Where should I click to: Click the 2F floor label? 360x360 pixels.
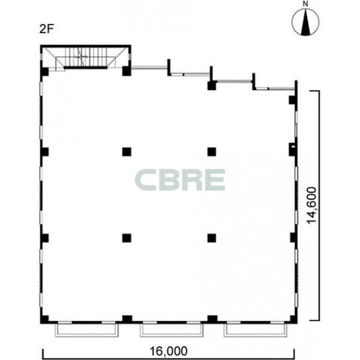pyautogui.click(x=46, y=29)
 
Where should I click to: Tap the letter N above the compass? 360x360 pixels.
pyautogui.click(x=305, y=4)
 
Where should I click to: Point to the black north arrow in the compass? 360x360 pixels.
pyautogui.click(x=305, y=23)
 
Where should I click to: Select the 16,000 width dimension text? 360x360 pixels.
pyautogui.click(x=169, y=351)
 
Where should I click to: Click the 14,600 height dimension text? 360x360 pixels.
pyautogui.click(x=312, y=205)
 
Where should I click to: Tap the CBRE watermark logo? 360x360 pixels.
pyautogui.click(x=180, y=180)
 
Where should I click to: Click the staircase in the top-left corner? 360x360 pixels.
pyautogui.click(x=85, y=58)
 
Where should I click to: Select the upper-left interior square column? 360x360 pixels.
pyautogui.click(x=127, y=152)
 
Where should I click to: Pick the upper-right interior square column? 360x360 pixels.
pyautogui.click(x=212, y=152)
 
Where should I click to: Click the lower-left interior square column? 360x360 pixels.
pyautogui.click(x=127, y=238)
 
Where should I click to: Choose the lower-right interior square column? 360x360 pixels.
pyautogui.click(x=212, y=238)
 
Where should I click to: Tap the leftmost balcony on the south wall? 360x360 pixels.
pyautogui.click(x=87, y=330)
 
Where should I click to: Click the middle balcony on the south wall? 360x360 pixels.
pyautogui.click(x=172, y=330)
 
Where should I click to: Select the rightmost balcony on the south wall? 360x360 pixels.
pyautogui.click(x=255, y=330)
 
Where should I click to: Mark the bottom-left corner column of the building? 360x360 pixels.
pyautogui.click(x=44, y=320)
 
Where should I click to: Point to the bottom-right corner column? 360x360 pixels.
pyautogui.click(x=293, y=320)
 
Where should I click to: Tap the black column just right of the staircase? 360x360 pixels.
pyautogui.click(x=126, y=71)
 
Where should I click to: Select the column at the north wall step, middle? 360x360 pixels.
pyautogui.click(x=212, y=85)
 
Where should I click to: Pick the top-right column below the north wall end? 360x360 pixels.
pyautogui.click(x=292, y=100)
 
